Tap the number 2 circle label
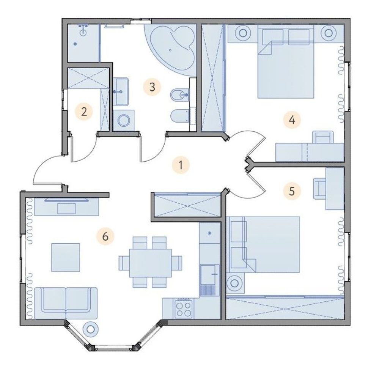(84, 112)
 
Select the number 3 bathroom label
(152, 87)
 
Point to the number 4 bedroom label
(292, 120)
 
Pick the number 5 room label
(292, 191)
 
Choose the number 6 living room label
(105, 236)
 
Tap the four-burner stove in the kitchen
(184, 309)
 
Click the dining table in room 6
(150, 263)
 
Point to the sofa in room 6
(66, 303)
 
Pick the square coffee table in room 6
(66, 257)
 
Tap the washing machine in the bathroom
(124, 120)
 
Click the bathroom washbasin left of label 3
(121, 92)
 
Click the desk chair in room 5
(319, 189)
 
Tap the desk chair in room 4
(323, 137)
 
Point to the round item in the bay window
(91, 329)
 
